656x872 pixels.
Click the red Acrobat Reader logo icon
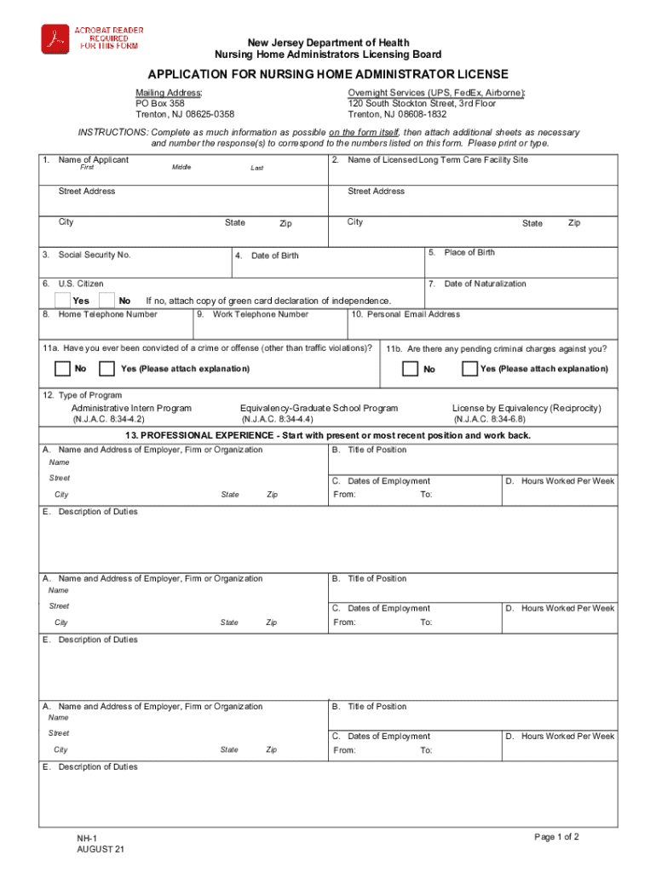(56, 39)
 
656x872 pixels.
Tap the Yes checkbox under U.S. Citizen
(63, 300)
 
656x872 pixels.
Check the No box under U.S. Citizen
(107, 300)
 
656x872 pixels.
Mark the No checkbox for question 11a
(62, 369)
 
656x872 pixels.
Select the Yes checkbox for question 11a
(107, 369)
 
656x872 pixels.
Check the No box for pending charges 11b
(411, 369)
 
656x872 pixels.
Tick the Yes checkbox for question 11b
(469, 369)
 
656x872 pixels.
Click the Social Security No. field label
(94, 255)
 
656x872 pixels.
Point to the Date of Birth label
(274, 255)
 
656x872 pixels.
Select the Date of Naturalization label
(485, 284)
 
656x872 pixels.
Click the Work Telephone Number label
(260, 314)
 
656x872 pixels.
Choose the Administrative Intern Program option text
(131, 409)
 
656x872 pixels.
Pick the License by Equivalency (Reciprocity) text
(526, 409)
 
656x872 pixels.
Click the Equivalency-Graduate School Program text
(319, 409)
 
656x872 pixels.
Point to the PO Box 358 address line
(160, 103)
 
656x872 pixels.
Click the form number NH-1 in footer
(86, 838)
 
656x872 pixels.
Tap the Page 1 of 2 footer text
(556, 837)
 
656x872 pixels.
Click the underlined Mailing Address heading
(169, 92)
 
